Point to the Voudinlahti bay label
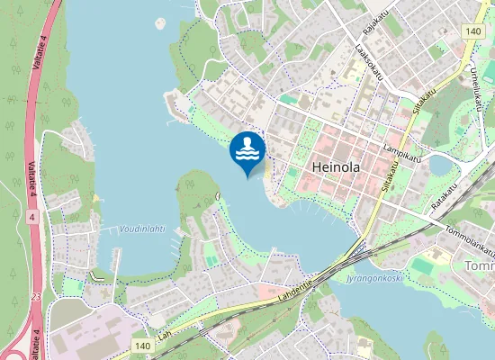[x=142, y=229]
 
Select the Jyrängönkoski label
[x=373, y=278]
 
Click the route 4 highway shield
[x=32, y=217]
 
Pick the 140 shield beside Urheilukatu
[x=474, y=31]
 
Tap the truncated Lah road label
[x=164, y=334]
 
